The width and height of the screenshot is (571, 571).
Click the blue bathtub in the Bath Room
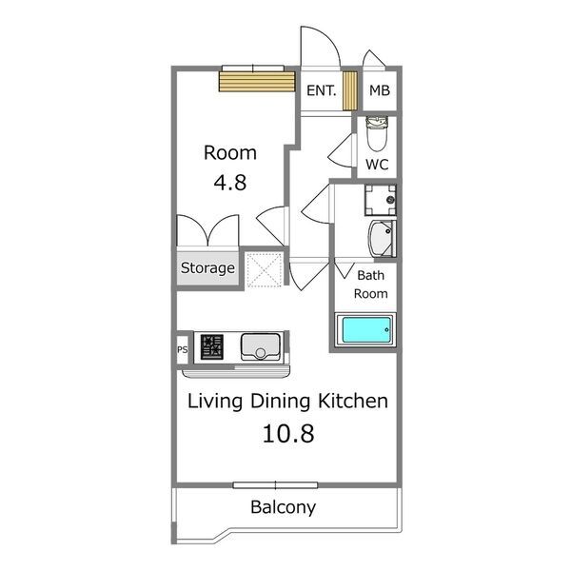(x=366, y=330)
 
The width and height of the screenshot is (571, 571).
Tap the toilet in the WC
(x=377, y=133)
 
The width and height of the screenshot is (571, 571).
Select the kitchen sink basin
(x=261, y=347)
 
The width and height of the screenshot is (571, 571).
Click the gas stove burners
(x=212, y=347)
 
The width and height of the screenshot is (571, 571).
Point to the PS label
(x=183, y=349)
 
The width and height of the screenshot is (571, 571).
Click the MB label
(x=380, y=90)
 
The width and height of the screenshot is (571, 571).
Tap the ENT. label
(x=322, y=90)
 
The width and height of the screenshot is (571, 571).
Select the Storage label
(x=207, y=268)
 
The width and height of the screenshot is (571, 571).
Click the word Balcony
(x=284, y=507)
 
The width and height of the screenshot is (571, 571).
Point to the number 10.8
(x=288, y=434)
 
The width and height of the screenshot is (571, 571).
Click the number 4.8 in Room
(x=230, y=183)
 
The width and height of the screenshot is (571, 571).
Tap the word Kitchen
(x=353, y=401)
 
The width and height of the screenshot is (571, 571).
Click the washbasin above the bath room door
(x=382, y=239)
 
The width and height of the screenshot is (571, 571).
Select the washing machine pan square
(x=380, y=200)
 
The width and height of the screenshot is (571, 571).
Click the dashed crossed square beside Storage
(x=264, y=270)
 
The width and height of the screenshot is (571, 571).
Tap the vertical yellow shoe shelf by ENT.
(x=350, y=90)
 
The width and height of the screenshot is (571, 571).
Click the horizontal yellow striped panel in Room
(x=257, y=82)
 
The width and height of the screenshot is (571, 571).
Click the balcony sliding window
(x=275, y=485)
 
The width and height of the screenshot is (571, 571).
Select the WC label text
(x=377, y=165)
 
